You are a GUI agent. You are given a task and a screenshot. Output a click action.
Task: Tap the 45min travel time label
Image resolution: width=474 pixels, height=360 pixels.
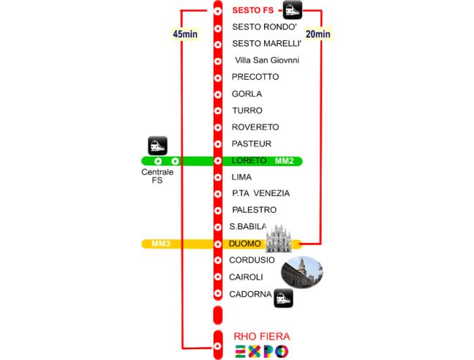pos(184,34)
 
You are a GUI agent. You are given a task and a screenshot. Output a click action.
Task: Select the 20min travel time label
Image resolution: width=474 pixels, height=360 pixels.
pos(317,34)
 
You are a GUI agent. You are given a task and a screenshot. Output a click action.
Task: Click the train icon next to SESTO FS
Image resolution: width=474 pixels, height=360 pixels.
pos(293,10)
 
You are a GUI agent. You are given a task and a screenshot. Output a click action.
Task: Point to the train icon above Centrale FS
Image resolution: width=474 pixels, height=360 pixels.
pos(158,145)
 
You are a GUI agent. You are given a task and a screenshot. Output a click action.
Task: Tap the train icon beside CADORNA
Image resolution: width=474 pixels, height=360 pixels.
pos(284,298)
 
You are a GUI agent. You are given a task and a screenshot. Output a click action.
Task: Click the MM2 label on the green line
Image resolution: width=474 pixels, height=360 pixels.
pos(284,161)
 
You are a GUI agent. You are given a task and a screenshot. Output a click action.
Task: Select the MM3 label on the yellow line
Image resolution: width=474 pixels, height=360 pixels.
pos(160,244)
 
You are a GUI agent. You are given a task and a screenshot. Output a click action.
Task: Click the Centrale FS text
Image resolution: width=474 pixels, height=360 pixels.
pos(157,176)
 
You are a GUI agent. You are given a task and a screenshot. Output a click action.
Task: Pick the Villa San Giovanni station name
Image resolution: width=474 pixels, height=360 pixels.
pos(267,60)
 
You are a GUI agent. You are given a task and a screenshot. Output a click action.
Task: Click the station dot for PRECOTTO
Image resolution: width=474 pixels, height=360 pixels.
pos(217,77)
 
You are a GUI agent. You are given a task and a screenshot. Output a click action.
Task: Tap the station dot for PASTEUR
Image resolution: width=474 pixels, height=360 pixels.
pos(217,144)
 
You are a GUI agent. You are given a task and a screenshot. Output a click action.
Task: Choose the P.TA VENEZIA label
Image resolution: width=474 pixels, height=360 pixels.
pos(261,193)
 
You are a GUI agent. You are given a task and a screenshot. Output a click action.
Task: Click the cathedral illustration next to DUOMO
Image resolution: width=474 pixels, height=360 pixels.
pos(278,239)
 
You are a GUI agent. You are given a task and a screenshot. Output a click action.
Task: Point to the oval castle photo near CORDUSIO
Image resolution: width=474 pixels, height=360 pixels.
pos(302,272)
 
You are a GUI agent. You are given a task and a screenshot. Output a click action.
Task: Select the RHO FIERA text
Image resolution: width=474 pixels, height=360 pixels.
pos(262,337)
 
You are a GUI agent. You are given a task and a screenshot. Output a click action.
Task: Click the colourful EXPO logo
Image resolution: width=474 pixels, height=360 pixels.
pos(262,352)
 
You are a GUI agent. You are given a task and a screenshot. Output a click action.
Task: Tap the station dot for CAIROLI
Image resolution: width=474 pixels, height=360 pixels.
pos(217,277)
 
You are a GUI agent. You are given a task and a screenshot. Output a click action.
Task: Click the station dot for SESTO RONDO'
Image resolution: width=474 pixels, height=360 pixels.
pos(217,27)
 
